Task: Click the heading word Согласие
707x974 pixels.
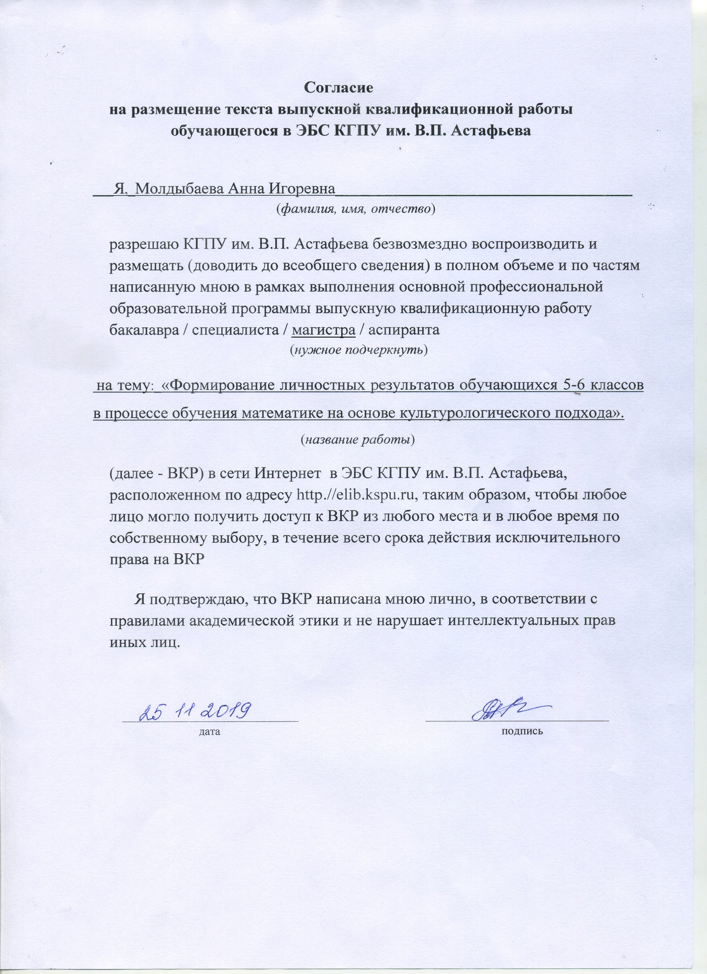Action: click(339, 88)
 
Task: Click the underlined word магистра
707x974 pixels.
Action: click(324, 329)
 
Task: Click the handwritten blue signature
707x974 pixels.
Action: click(506, 711)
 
